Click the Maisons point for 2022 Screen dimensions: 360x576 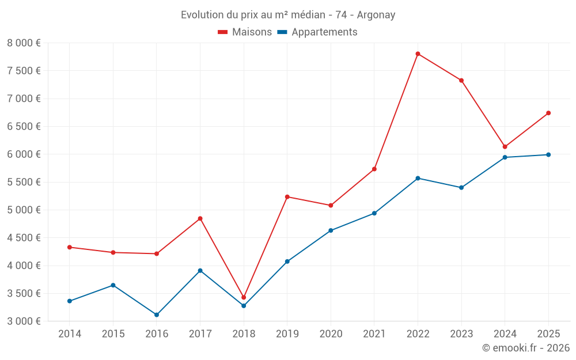tap(418, 54)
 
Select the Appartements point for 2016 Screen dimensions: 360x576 tap(157, 314)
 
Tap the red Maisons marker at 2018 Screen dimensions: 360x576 tap(244, 297)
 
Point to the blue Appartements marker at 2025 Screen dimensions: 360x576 tap(548, 154)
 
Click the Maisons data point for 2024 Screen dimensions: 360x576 tap(505, 146)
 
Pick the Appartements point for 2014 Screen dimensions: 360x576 tap(70, 301)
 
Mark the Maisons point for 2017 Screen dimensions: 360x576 tap(200, 218)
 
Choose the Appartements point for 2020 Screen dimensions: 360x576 tap(331, 230)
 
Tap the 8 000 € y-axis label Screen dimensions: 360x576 tap(24, 43)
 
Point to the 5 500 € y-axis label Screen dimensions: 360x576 tap(24, 182)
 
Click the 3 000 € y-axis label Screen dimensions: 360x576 tap(24, 321)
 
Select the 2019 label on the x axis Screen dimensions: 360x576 tap(287, 334)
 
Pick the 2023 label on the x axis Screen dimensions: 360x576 tap(461, 334)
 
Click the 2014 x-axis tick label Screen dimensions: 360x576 tap(70, 334)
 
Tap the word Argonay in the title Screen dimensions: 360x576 tap(376, 15)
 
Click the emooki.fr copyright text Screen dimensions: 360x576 tap(526, 348)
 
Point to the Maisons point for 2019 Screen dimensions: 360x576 tap(287, 196)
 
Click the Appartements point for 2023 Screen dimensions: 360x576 tap(461, 187)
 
